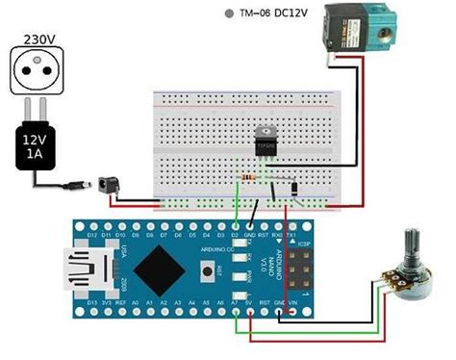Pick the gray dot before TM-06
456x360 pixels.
[x=228, y=14]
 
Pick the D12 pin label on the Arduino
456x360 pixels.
[x=90, y=235]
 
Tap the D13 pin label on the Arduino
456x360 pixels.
[x=90, y=302]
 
